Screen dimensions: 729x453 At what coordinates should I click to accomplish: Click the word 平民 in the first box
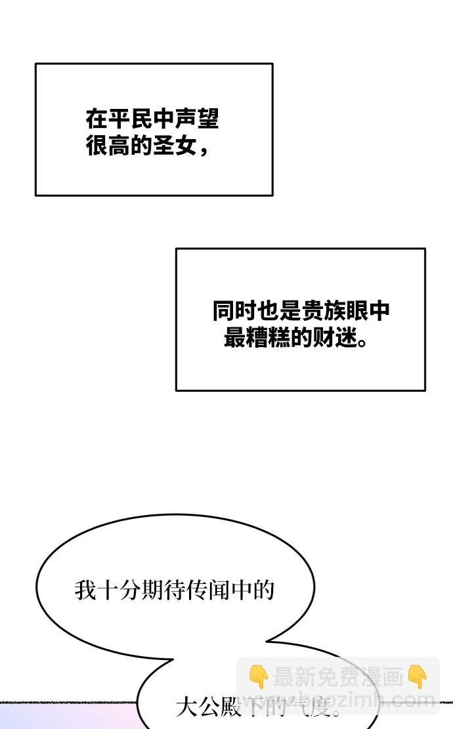130,119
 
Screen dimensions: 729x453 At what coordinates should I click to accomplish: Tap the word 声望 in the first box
197,119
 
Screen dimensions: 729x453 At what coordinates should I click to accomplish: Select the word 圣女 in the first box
175,145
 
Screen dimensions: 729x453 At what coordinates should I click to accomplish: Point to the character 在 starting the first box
97,119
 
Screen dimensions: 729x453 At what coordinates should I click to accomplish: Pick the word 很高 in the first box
108,145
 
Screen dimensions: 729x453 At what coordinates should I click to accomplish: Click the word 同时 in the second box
234,311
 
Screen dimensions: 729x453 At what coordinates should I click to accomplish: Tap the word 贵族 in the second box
324,311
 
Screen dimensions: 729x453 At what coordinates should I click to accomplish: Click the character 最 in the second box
234,337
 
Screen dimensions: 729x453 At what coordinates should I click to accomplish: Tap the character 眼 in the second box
357,311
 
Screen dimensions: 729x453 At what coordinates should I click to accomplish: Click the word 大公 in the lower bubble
198,707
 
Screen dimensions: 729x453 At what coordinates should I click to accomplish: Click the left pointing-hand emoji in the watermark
258,677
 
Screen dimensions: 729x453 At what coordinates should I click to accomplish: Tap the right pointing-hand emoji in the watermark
418,677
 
